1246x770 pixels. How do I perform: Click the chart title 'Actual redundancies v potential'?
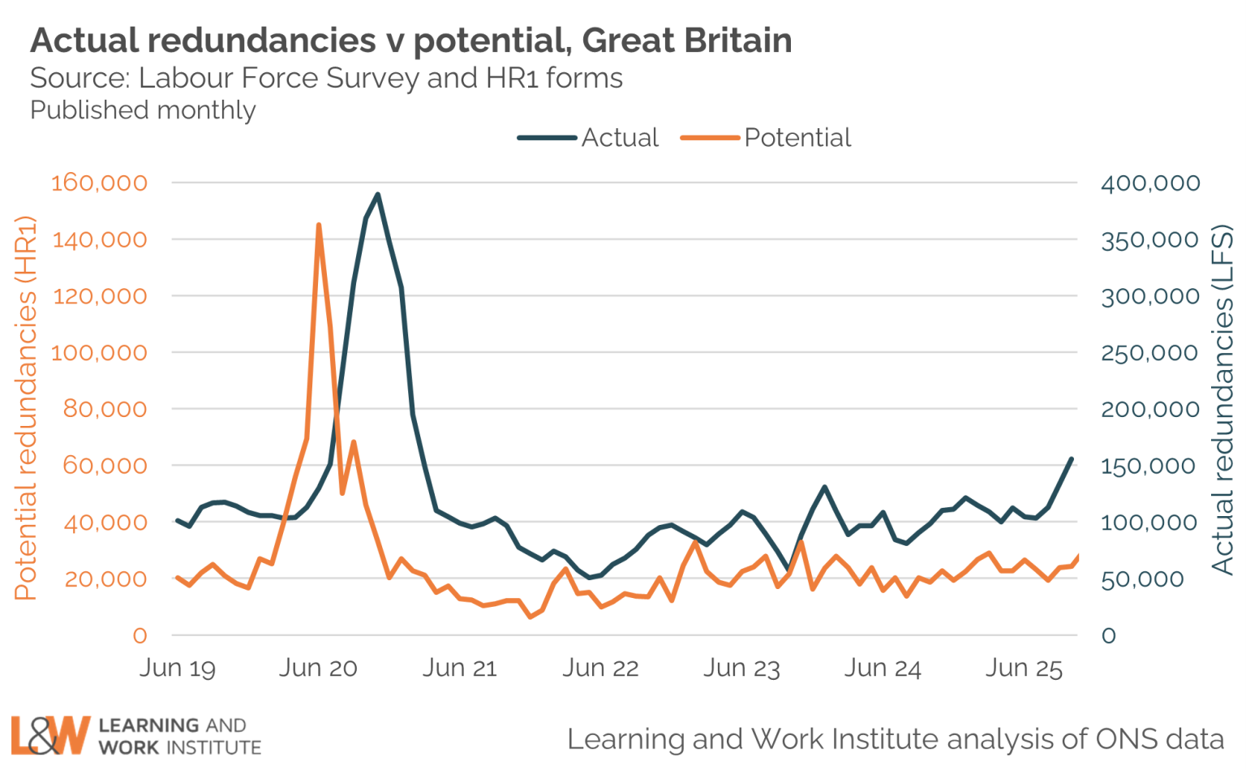pos(410,40)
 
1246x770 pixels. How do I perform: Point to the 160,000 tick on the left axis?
pos(99,183)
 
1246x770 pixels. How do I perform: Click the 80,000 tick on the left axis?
pos(105,409)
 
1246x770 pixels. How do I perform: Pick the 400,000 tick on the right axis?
pos(1149,183)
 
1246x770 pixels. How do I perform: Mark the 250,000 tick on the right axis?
pos(1149,352)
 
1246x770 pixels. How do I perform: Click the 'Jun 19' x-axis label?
pos(178,668)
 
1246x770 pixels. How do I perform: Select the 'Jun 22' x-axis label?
pos(600,668)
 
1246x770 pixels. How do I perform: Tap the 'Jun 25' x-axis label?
pos(1024,668)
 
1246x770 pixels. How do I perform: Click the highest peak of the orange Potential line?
pos(319,225)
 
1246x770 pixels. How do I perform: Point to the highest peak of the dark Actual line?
pos(377,195)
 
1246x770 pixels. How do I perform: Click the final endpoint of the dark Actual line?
pos(1072,459)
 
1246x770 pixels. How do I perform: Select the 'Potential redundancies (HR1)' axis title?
pos(25,408)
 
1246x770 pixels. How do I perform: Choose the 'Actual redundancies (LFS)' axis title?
pos(1222,400)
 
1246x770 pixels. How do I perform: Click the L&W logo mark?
pos(49,735)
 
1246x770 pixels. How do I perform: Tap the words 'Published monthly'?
pos(143,110)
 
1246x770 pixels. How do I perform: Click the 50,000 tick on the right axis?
pos(1141,579)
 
